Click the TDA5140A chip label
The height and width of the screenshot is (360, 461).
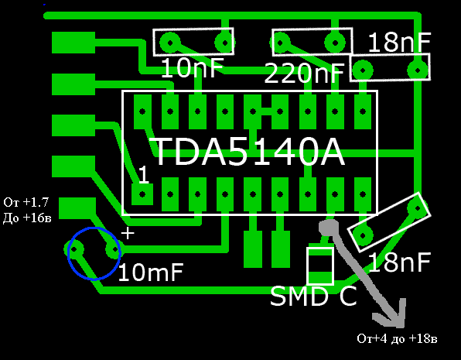coord(248,153)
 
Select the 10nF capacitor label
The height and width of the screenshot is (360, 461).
coord(193,68)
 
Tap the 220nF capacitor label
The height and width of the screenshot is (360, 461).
coord(304,73)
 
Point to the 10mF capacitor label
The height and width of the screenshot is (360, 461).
coord(151,273)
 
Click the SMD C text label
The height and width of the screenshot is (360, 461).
coord(313,296)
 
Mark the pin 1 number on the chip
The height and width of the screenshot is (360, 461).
coord(143,174)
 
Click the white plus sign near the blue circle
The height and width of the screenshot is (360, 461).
coord(128,234)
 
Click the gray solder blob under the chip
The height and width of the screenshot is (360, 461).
coord(329,228)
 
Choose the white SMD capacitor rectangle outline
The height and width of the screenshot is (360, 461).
coord(307,266)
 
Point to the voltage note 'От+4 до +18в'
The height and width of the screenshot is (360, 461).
coord(397,338)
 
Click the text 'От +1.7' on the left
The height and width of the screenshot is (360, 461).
coord(26,202)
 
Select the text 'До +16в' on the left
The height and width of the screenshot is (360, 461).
coord(27,218)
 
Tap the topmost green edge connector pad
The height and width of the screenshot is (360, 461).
coord(73,43)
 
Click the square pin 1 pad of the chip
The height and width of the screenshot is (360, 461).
coord(142,194)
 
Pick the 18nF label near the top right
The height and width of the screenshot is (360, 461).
coord(399,43)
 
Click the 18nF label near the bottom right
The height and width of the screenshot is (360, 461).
coord(399,262)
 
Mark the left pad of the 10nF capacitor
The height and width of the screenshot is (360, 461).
coord(169,43)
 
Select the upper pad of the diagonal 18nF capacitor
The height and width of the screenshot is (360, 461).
coord(418,208)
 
